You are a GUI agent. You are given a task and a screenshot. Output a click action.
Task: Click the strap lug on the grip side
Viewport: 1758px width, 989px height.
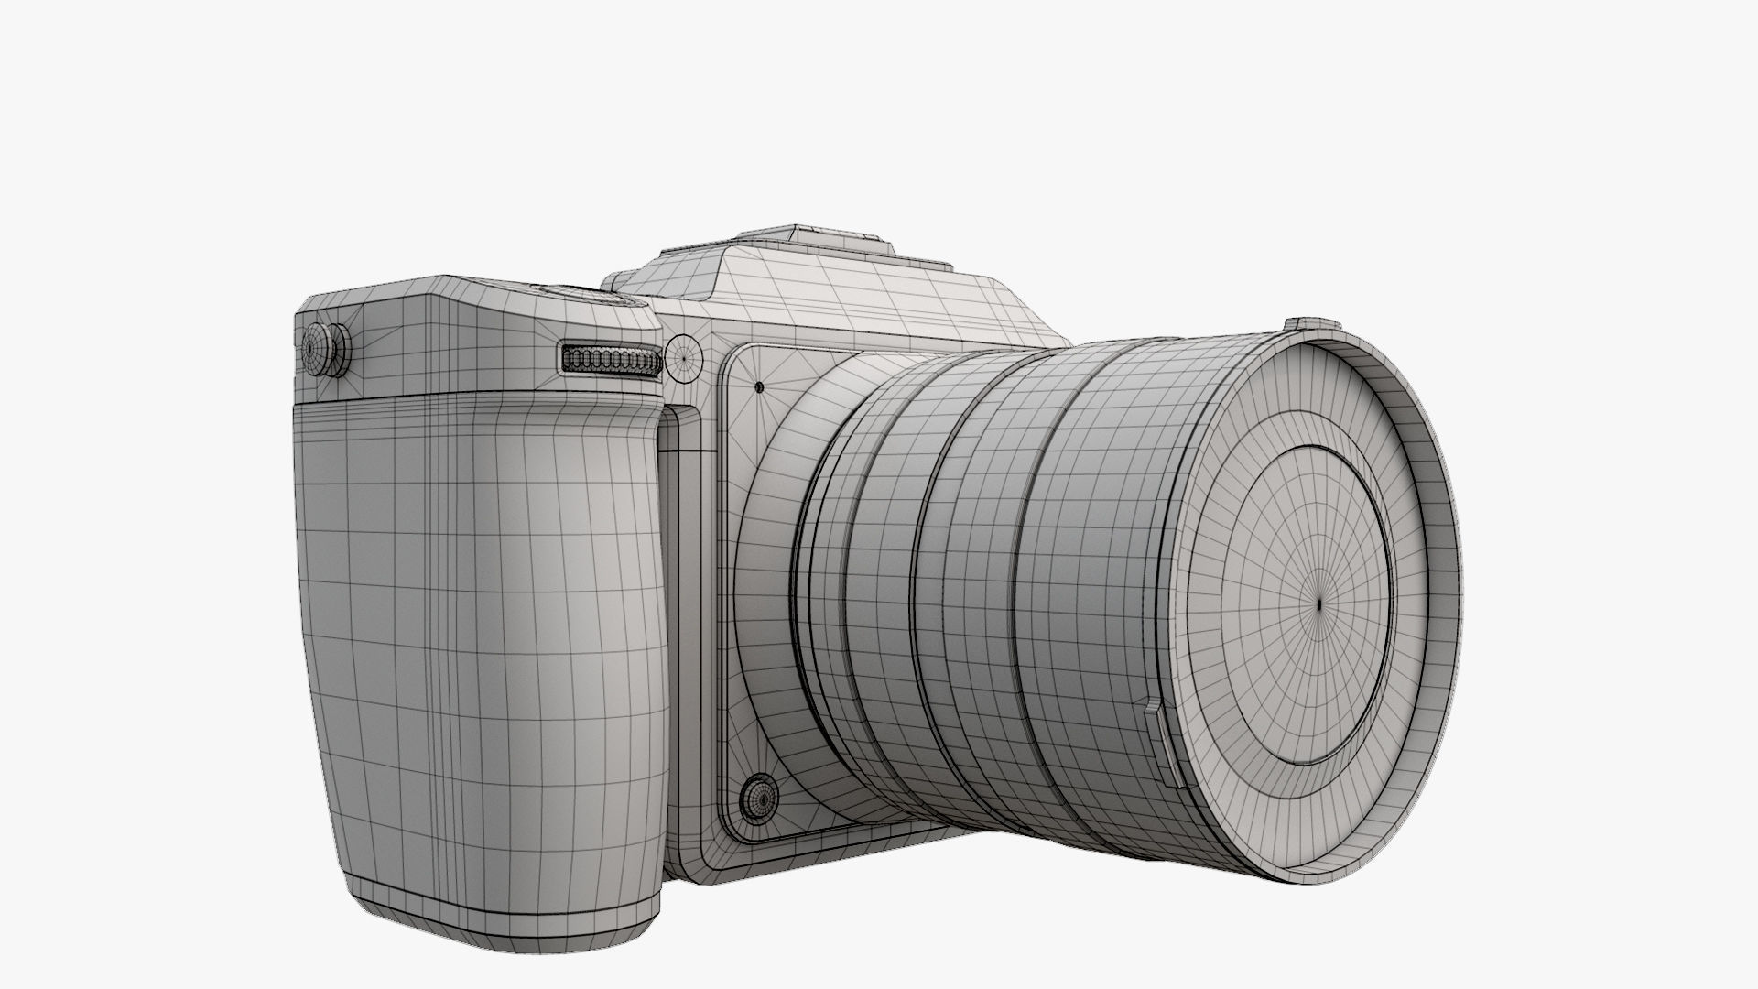coord(326,349)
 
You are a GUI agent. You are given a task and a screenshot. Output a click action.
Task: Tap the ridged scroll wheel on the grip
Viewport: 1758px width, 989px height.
coord(612,361)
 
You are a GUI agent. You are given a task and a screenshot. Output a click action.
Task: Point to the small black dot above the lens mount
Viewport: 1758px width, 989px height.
coord(759,386)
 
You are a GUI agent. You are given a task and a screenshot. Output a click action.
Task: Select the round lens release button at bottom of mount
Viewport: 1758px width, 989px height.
coord(759,800)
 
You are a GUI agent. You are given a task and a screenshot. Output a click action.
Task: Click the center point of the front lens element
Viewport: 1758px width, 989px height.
coord(1319,604)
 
